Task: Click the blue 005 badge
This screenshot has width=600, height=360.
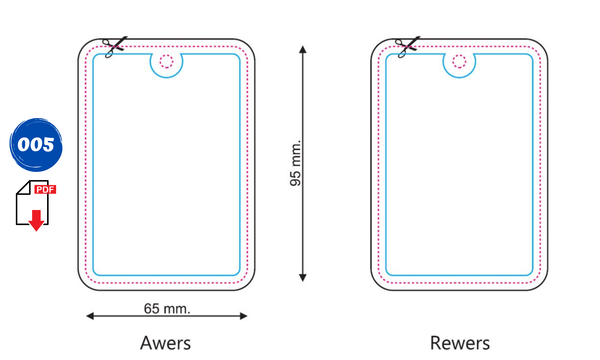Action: (x=36, y=145)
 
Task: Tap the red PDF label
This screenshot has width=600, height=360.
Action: (x=45, y=189)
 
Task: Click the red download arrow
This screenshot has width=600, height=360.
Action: (x=36, y=220)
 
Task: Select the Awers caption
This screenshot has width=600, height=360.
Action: (x=165, y=343)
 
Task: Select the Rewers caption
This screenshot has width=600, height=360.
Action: (x=460, y=343)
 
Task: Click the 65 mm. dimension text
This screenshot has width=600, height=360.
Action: (x=167, y=308)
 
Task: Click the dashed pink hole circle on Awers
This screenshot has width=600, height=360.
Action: (x=166, y=61)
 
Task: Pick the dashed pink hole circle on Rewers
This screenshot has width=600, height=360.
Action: (x=459, y=61)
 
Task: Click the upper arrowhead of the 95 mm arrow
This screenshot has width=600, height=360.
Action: (x=303, y=49)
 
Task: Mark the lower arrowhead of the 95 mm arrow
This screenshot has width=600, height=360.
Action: (x=303, y=278)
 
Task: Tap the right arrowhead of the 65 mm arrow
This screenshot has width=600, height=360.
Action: (x=244, y=316)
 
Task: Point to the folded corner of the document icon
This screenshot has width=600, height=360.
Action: (x=23, y=187)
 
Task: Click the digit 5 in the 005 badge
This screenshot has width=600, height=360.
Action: (x=48, y=145)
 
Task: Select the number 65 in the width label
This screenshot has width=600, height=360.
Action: (x=151, y=308)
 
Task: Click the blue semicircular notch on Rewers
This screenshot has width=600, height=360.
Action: (x=459, y=66)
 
